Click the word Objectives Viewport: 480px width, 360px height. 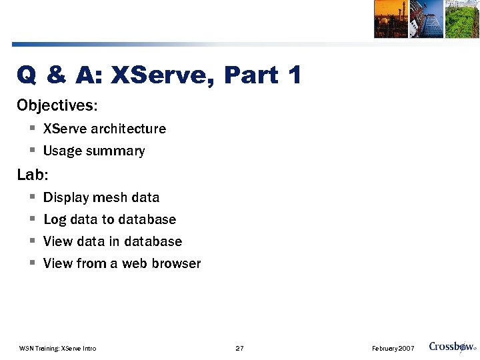click(x=56, y=105)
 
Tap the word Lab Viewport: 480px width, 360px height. click(x=31, y=175)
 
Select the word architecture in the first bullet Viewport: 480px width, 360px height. click(x=129, y=129)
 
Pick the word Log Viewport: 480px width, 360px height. click(x=55, y=220)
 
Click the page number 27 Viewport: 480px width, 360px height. click(x=240, y=349)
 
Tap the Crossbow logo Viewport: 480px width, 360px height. click(x=452, y=347)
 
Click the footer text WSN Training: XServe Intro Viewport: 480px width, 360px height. click(x=58, y=349)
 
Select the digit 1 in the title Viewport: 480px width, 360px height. click(x=295, y=75)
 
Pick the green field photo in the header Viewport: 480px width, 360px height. click(x=462, y=19)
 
